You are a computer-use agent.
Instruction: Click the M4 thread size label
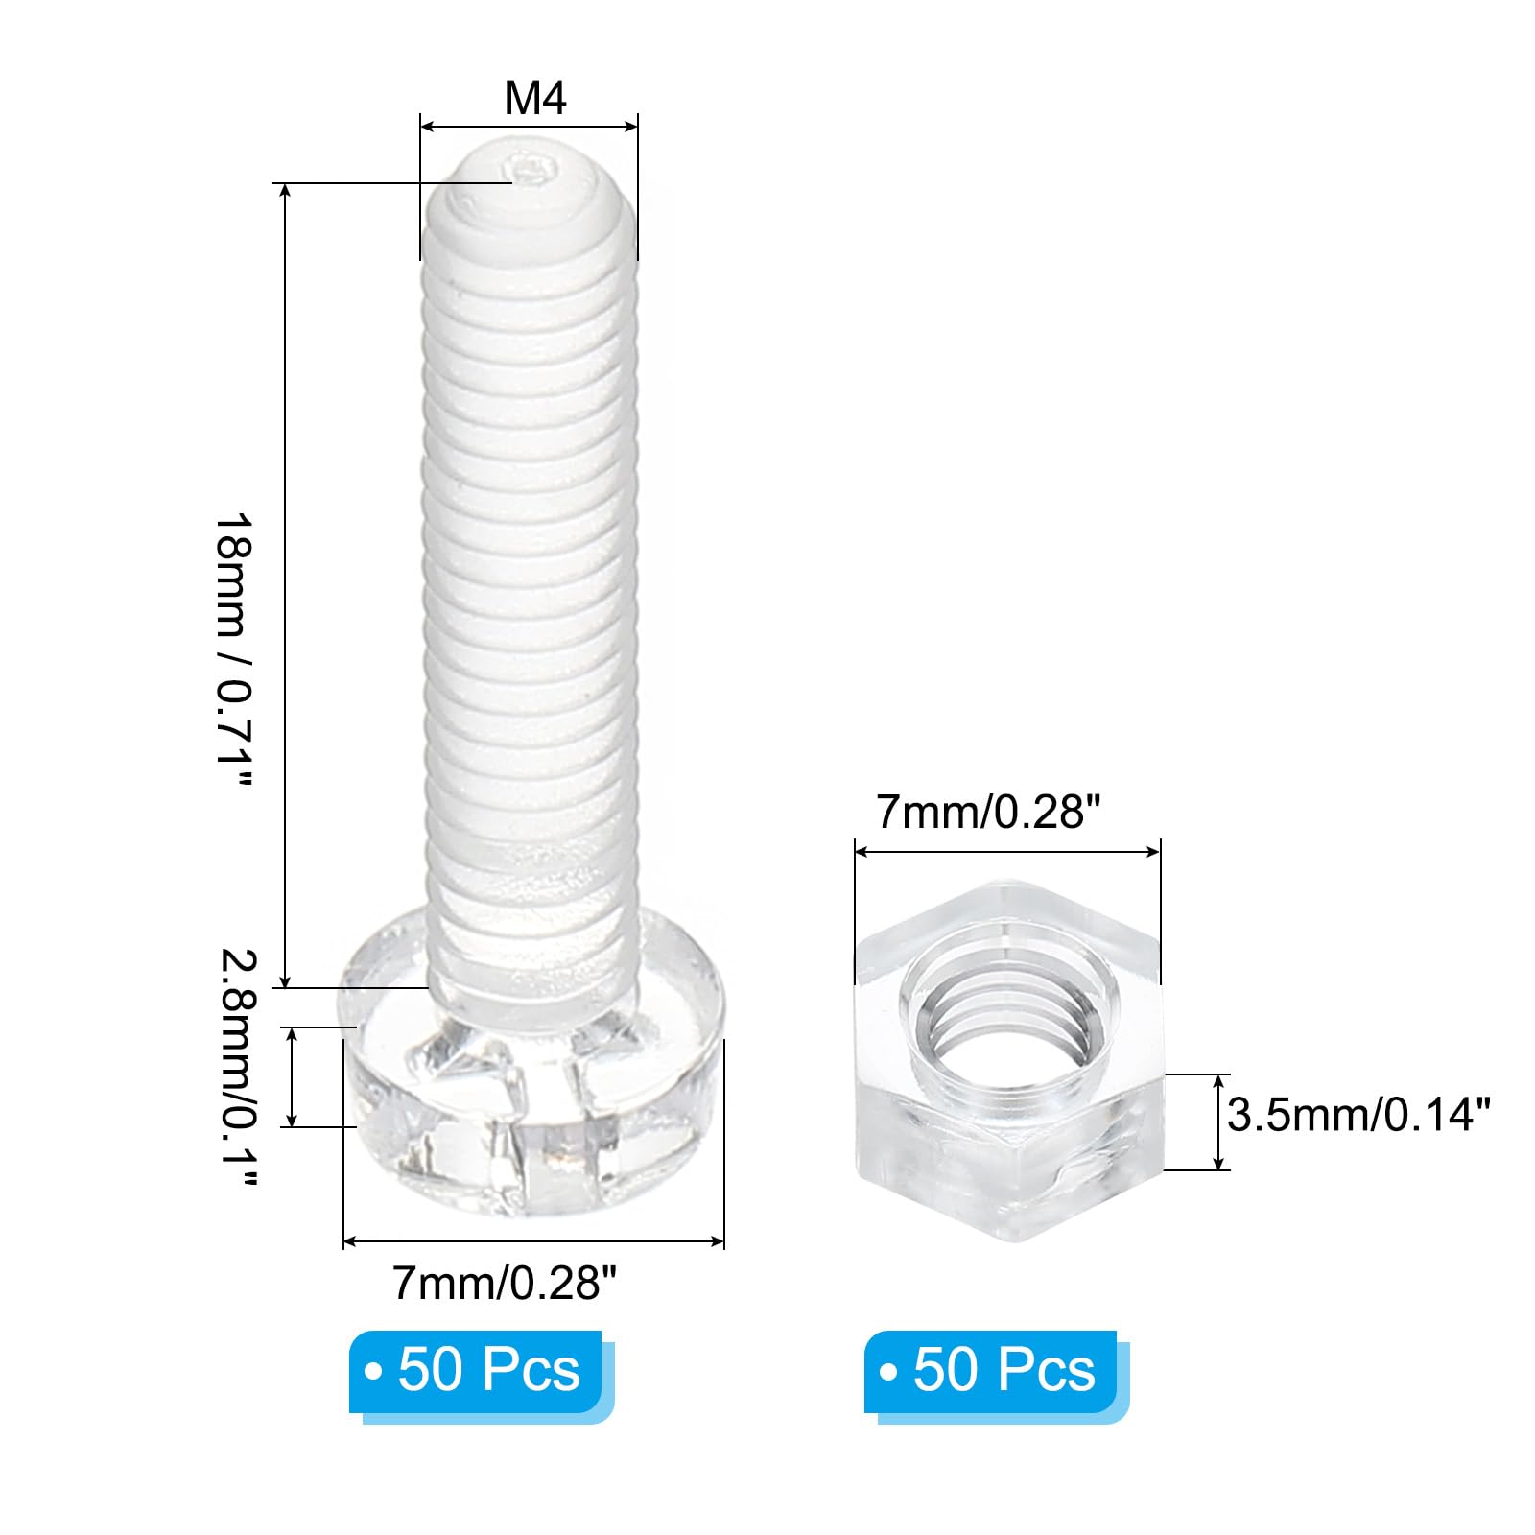535,98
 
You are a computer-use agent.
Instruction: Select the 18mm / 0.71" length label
233,650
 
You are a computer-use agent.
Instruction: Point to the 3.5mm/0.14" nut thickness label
1359,1116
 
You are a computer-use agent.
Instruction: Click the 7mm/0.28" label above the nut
986,814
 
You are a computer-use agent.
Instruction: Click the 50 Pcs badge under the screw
476,1371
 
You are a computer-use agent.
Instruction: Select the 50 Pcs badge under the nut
991,1371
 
